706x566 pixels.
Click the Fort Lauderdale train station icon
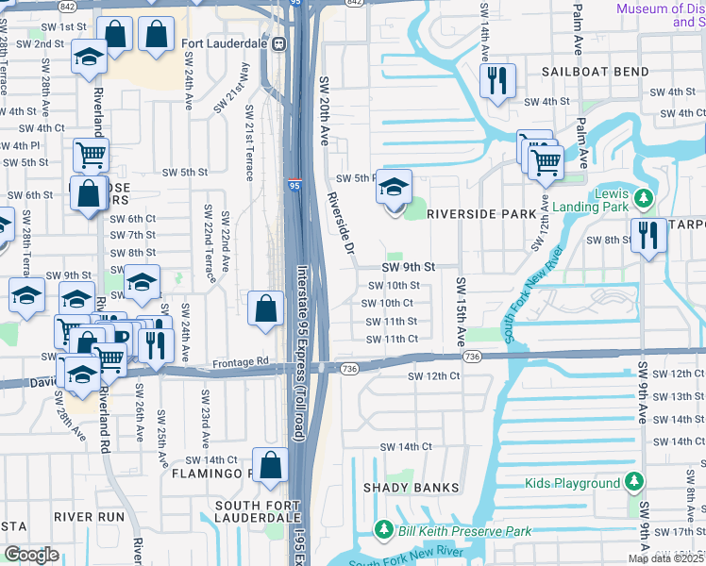pos(278,43)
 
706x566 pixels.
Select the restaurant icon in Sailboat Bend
pos(496,81)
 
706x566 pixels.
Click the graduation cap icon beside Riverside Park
pos(395,188)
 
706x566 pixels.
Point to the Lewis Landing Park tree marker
pos(644,197)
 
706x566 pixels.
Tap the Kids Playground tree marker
pos(634,483)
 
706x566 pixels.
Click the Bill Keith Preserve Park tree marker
pos(384,530)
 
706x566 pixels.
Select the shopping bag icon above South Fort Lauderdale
pos(270,466)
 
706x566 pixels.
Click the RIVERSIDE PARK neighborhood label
pos(481,214)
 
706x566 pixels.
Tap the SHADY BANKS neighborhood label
pos(412,488)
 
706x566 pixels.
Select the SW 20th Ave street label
pos(324,110)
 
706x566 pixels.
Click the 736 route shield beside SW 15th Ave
pos(472,356)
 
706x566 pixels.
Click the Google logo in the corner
pos(31,555)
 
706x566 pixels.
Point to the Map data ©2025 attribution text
pos(666,558)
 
